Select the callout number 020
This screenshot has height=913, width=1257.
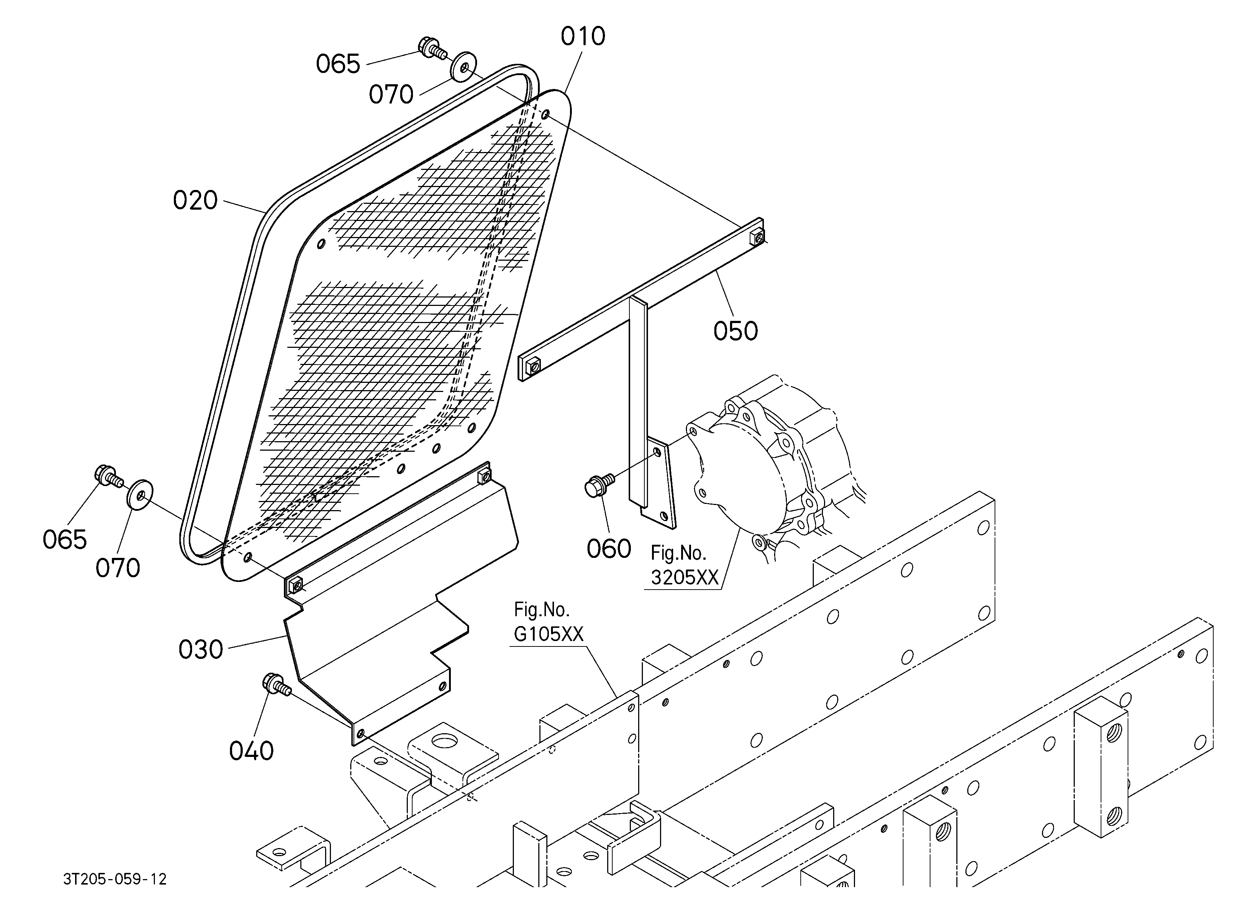click(x=195, y=200)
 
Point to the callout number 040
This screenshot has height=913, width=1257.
click(x=251, y=751)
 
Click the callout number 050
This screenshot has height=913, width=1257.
click(x=735, y=331)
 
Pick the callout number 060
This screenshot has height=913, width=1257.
click(x=609, y=549)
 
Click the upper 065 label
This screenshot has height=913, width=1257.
click(x=338, y=64)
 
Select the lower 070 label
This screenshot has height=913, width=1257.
click(x=117, y=568)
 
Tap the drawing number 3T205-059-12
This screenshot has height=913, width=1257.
click(x=115, y=879)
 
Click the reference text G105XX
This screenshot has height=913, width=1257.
click(x=549, y=634)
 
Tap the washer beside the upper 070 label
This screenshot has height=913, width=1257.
click(x=463, y=66)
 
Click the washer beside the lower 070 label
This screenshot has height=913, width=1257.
click(x=140, y=493)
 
